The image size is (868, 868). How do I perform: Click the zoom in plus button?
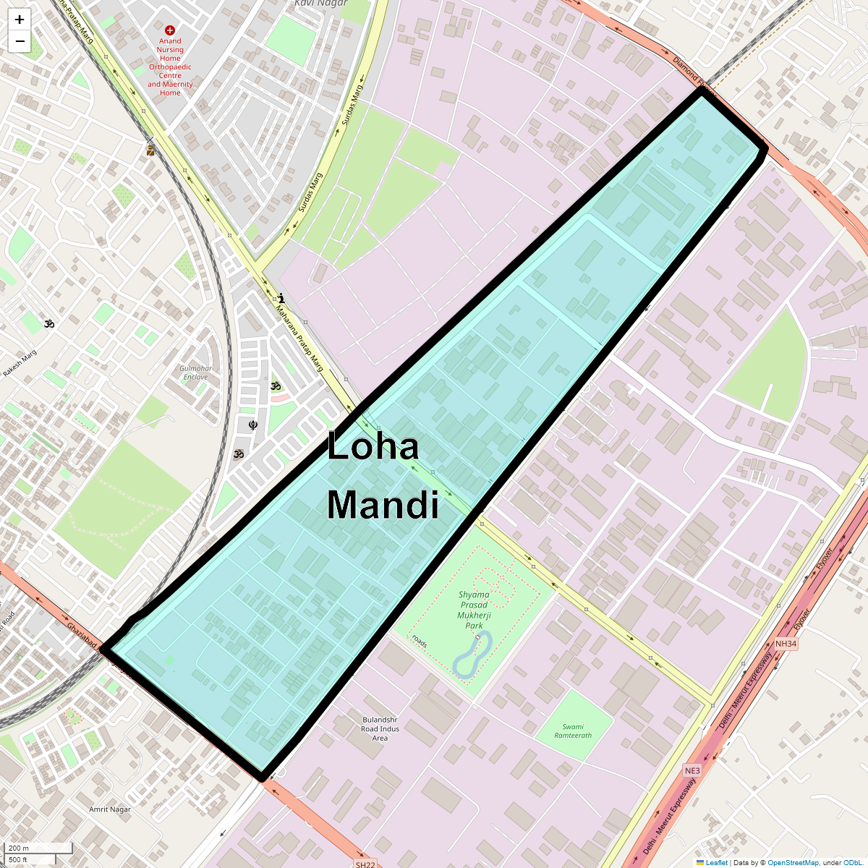pyautogui.click(x=20, y=20)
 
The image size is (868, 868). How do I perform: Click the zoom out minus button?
pyautogui.click(x=20, y=41)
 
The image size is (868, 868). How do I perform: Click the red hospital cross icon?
pyautogui.click(x=170, y=30)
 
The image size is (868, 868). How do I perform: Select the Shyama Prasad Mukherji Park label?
pyautogui.click(x=474, y=610)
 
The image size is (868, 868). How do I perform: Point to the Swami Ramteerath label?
pyautogui.click(x=573, y=731)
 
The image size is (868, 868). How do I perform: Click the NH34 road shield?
pyautogui.click(x=786, y=644)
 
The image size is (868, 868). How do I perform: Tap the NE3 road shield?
pyautogui.click(x=692, y=771)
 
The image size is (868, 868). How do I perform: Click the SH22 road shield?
pyautogui.click(x=365, y=864)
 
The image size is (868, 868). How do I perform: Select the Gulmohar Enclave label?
pyautogui.click(x=195, y=373)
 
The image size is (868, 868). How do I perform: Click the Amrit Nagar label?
pyautogui.click(x=110, y=809)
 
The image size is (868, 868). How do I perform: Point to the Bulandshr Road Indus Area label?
pyautogui.click(x=380, y=728)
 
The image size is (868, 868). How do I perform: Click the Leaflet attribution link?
pyautogui.click(x=716, y=862)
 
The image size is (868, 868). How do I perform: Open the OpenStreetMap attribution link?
pyautogui.click(x=793, y=862)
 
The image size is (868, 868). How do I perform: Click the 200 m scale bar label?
pyautogui.click(x=20, y=848)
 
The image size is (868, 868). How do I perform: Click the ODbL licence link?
pyautogui.click(x=852, y=862)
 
